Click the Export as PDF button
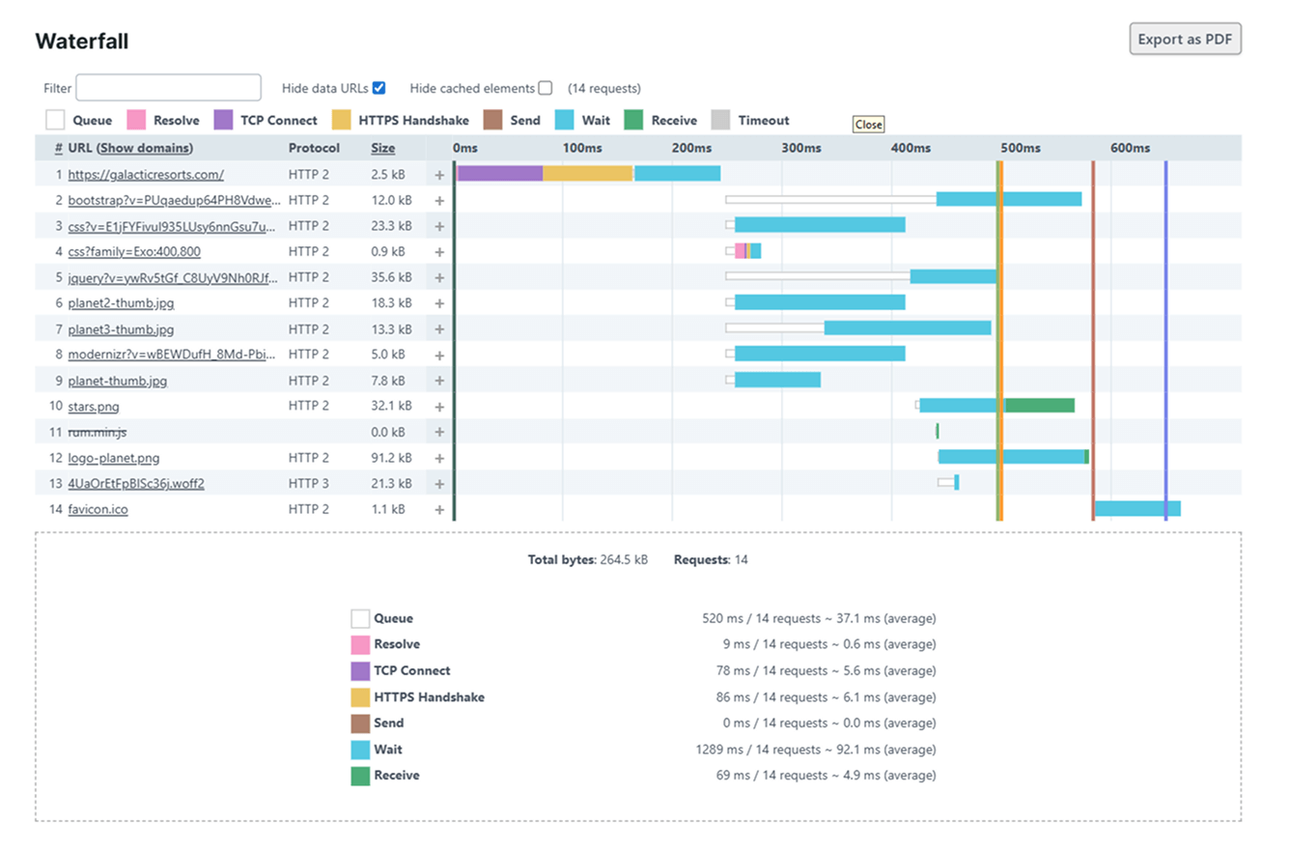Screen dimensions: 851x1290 pos(1185,40)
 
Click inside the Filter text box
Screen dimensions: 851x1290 pos(168,88)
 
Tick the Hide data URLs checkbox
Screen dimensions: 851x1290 pos(379,88)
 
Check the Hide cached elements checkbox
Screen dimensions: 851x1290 pos(546,88)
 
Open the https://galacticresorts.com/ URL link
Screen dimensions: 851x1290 pos(146,175)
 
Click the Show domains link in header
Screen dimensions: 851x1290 pos(145,148)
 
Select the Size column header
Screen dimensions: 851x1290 pos(382,148)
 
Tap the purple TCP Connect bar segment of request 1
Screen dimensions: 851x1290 pos(499,174)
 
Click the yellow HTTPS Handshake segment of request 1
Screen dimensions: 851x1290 pos(587,174)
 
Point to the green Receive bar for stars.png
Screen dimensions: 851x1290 pos(1040,406)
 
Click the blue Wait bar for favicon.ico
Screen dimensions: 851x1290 pos(1136,508)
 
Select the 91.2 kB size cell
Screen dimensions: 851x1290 pos(390,458)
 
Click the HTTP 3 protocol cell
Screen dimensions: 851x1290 pos(308,483)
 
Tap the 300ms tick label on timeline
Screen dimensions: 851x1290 pos(800,148)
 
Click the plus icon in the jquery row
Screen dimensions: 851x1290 pos(439,277)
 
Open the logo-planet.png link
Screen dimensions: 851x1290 pos(113,458)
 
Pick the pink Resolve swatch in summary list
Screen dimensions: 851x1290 pos(360,644)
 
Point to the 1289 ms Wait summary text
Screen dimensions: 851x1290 pos(815,750)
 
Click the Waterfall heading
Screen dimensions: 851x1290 pos(82,42)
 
